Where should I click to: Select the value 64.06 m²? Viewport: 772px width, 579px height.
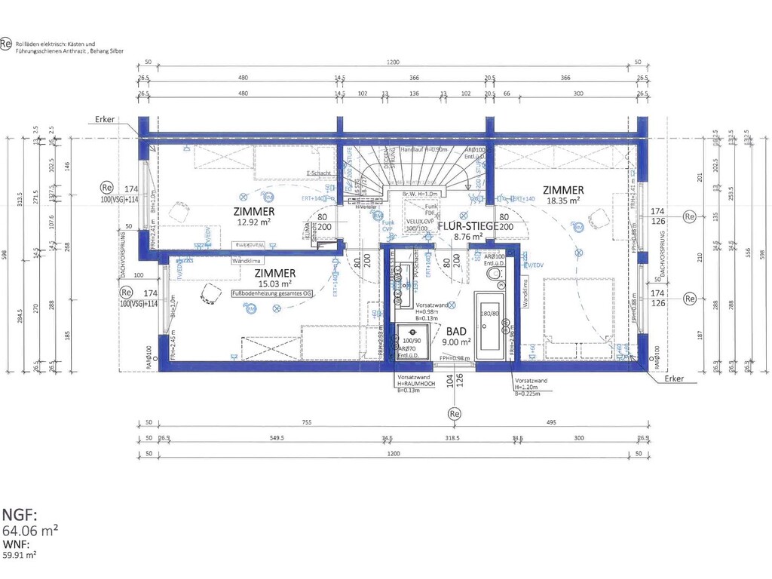click(x=31, y=531)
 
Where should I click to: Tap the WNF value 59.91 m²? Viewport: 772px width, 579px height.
click(x=20, y=554)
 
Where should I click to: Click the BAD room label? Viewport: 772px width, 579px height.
click(x=455, y=331)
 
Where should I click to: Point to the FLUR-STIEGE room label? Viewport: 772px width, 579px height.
click(x=467, y=225)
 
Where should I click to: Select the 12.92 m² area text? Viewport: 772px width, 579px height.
click(x=253, y=222)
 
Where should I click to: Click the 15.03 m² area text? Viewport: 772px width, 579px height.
click(x=274, y=283)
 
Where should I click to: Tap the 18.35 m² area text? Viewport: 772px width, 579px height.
click(x=563, y=201)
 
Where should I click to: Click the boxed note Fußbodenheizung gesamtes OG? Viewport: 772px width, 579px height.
click(x=271, y=294)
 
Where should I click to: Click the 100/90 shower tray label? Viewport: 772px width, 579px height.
click(x=412, y=341)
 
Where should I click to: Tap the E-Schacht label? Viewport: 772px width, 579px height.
click(x=319, y=173)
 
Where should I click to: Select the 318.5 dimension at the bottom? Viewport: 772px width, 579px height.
click(x=452, y=437)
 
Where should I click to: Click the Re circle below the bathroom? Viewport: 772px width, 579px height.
click(x=454, y=414)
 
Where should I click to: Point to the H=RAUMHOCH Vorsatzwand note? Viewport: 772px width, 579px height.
click(x=414, y=384)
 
